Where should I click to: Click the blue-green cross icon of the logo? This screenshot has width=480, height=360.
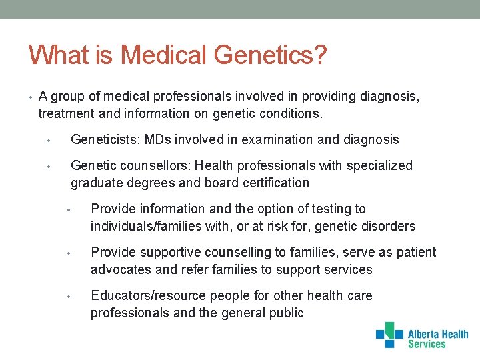pos(389,335)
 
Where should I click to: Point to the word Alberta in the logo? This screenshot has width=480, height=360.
pos(427,335)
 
